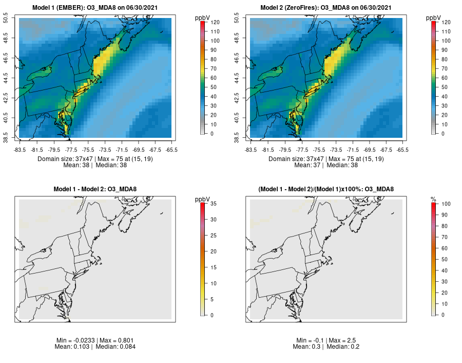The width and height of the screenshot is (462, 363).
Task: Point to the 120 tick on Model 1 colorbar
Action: (216, 22)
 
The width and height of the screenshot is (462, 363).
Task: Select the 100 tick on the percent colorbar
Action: (447, 204)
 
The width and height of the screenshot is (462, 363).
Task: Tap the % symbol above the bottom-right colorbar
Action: (433, 199)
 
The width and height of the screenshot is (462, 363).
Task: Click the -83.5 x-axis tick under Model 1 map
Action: (20, 150)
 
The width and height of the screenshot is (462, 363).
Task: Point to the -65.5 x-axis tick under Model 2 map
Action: (402, 150)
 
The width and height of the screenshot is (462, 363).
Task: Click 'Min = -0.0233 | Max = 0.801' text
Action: (95, 340)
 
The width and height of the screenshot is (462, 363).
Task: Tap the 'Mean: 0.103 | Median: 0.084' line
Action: (95, 347)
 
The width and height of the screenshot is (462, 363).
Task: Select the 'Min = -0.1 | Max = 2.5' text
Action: (326, 340)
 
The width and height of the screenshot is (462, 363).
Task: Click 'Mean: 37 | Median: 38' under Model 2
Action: (326, 165)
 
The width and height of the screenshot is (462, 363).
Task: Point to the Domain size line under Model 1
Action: (95, 159)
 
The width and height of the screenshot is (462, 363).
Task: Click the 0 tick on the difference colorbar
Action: (213, 315)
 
